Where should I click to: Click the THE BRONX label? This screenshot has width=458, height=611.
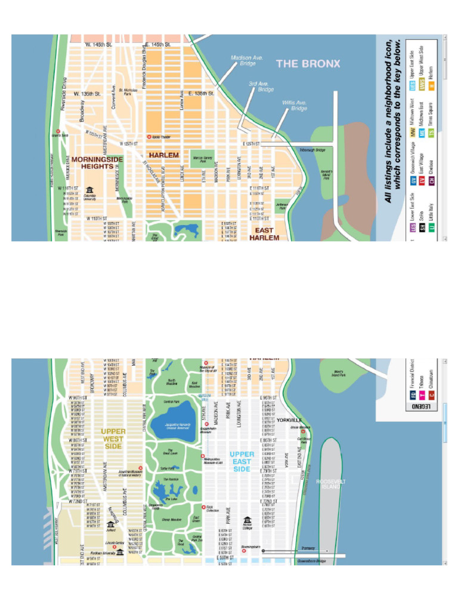click(x=308, y=64)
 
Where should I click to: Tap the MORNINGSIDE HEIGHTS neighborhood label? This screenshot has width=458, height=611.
click(x=97, y=163)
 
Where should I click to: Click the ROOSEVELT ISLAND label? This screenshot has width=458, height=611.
click(x=330, y=484)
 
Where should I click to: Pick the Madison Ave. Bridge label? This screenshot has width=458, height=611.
click(x=247, y=60)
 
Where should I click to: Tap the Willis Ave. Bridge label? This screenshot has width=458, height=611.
click(x=295, y=106)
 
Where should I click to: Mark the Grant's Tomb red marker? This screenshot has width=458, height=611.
click(x=58, y=131)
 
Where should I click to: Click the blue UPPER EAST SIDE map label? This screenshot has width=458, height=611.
click(x=242, y=462)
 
